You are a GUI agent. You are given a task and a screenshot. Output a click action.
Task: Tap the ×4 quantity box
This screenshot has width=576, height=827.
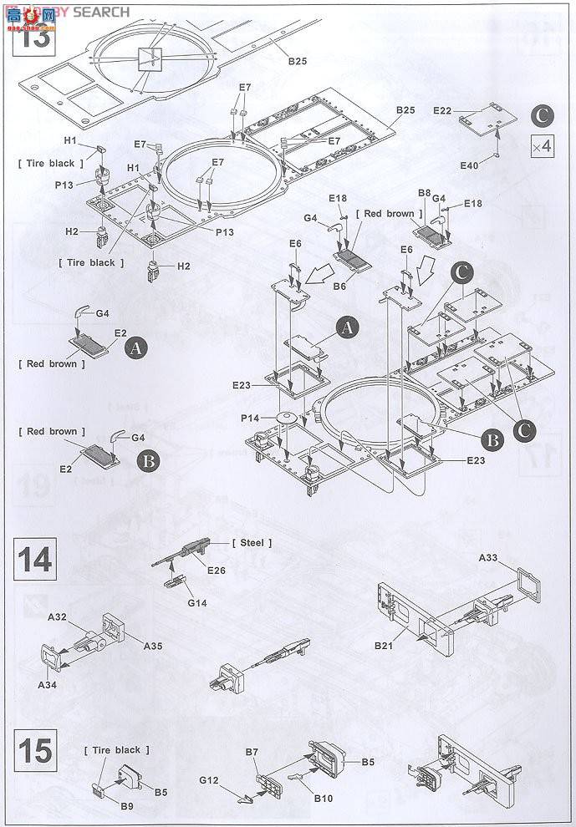542,147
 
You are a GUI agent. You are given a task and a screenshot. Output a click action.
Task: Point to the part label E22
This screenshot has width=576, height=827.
442,111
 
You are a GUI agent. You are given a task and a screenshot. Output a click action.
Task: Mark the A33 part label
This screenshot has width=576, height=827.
489,557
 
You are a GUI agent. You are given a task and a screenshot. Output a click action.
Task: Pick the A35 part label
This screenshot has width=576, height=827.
153,646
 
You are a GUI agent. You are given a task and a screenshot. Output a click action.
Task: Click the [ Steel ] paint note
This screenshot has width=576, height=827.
252,543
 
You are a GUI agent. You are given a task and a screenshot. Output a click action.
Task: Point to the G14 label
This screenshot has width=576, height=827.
196,602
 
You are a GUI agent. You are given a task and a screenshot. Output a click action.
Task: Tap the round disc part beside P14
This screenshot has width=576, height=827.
283,417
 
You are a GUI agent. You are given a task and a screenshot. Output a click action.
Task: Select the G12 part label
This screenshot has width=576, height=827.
209,782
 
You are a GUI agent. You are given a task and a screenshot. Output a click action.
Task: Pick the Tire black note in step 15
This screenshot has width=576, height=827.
117,750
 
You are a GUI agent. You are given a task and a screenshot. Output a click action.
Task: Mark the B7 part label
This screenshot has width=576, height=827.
252,753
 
